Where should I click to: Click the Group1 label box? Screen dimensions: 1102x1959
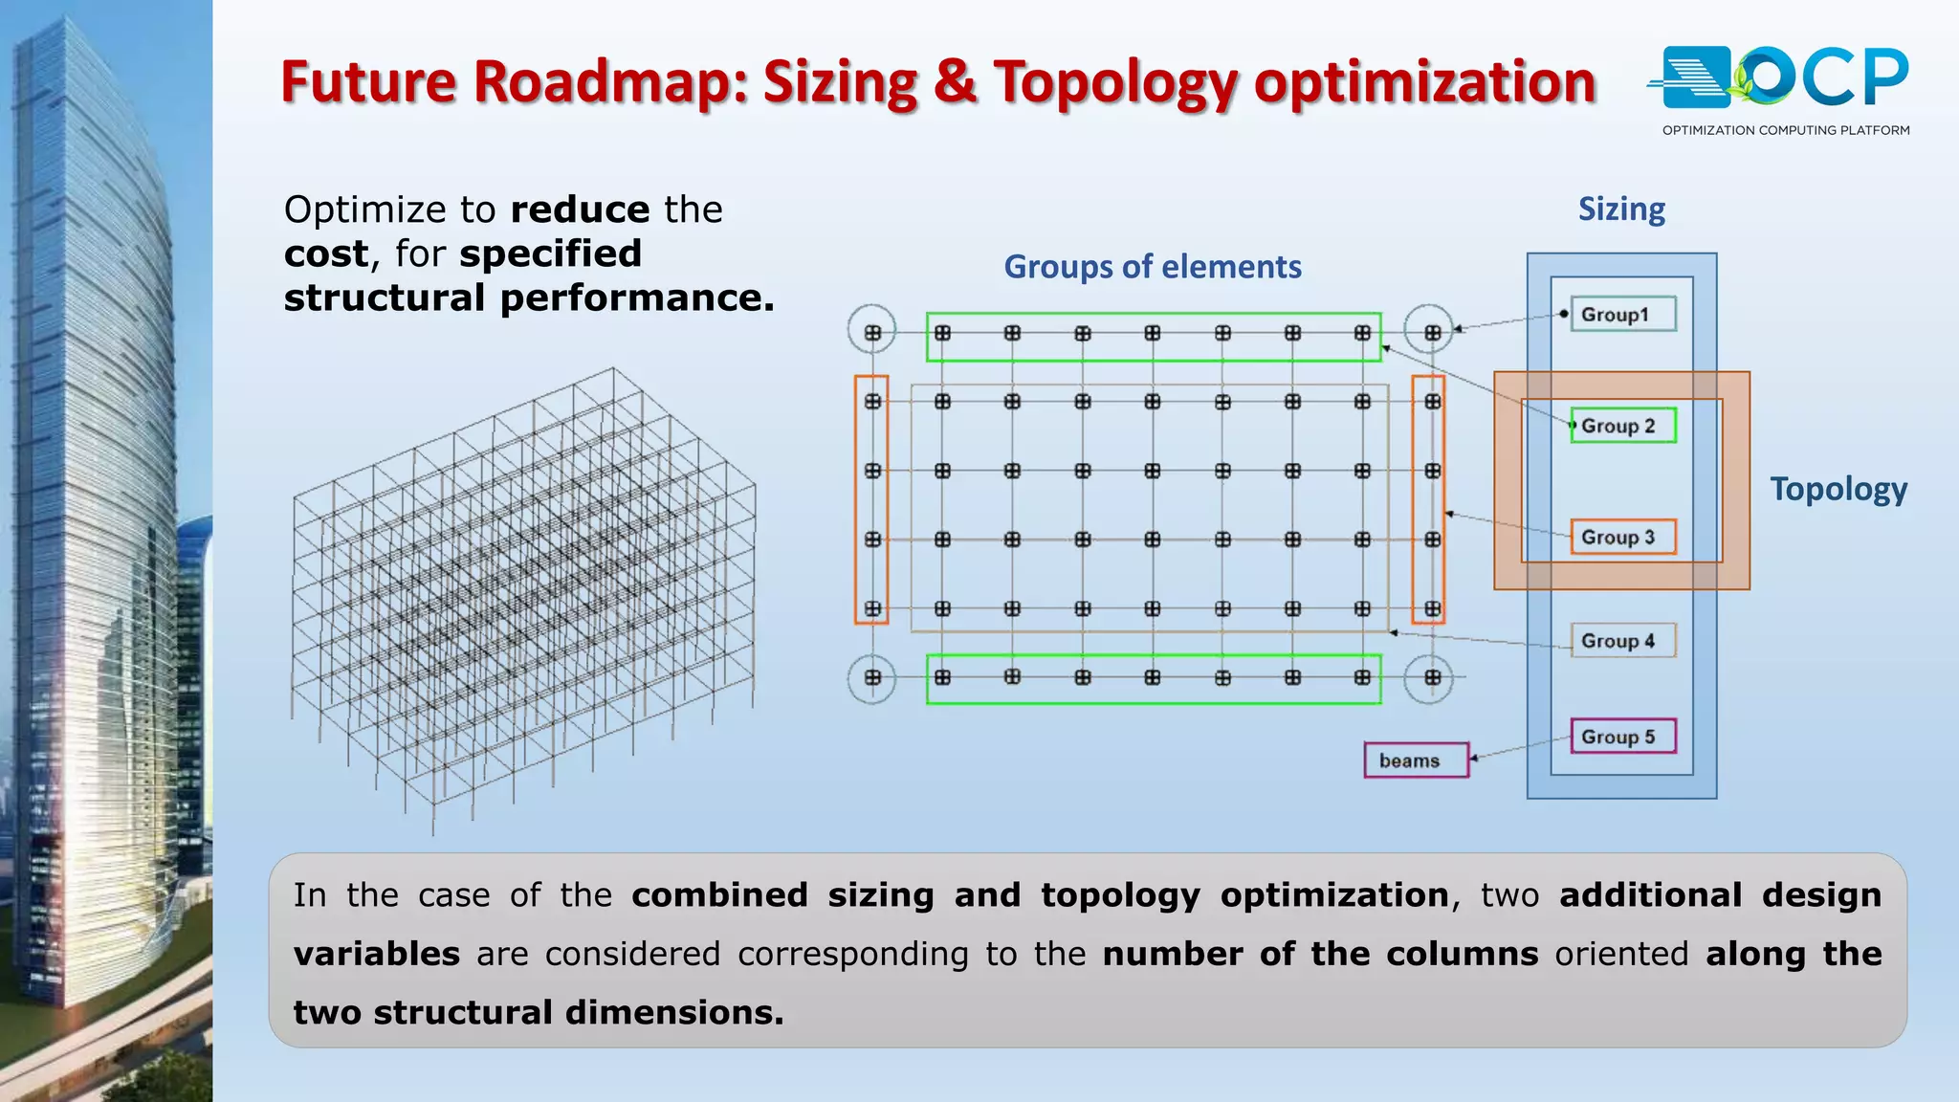(x=1623, y=314)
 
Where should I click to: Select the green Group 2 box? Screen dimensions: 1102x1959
(x=1623, y=426)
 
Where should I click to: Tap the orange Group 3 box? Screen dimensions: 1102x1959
(x=1623, y=537)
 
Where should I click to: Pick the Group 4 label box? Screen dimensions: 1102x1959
(x=1623, y=641)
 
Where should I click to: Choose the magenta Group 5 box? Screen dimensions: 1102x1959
(x=1623, y=737)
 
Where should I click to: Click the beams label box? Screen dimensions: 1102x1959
(x=1416, y=760)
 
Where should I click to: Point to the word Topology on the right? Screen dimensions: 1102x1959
(x=1838, y=489)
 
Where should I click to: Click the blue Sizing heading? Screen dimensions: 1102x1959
(x=1621, y=209)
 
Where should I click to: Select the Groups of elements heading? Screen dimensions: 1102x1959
(x=1153, y=267)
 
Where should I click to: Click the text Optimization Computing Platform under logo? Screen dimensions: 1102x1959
(x=1786, y=130)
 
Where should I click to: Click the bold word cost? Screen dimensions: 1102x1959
(x=326, y=253)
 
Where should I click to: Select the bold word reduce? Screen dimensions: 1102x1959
(x=581, y=209)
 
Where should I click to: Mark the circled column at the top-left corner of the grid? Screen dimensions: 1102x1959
(x=872, y=332)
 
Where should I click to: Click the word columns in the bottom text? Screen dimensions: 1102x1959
(x=1463, y=954)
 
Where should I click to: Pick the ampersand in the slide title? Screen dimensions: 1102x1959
(x=955, y=81)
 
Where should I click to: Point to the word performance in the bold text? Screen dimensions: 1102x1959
(x=637, y=298)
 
